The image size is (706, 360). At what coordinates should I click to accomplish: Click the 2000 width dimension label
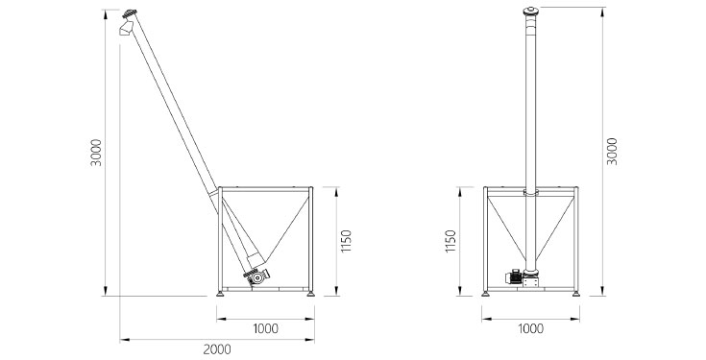[x=216, y=348]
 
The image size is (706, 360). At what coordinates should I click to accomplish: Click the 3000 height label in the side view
[x=96, y=153]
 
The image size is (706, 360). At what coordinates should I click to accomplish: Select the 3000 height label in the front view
[x=612, y=152]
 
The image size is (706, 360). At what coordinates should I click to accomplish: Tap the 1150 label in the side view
[x=346, y=241]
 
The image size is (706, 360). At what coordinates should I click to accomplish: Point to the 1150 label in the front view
[x=450, y=241]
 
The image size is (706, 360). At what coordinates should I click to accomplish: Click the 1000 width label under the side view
[x=265, y=328]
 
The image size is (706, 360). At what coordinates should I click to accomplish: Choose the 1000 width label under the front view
[x=531, y=328]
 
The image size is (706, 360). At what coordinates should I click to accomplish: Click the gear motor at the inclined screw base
[x=257, y=276]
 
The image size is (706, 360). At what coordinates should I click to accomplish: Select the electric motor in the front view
[x=513, y=276]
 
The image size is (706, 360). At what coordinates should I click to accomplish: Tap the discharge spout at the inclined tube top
[x=126, y=29]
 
